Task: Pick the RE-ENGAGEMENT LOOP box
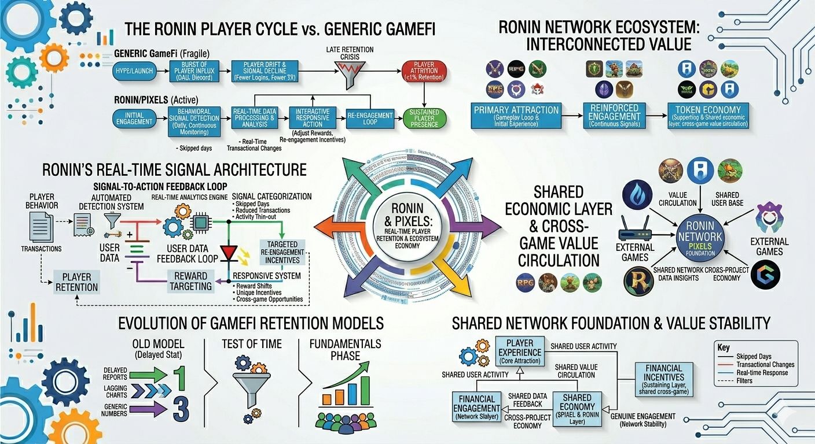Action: point(370,118)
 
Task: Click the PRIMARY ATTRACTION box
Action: point(516,116)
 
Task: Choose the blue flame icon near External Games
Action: point(637,196)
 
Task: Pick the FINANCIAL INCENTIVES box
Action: point(663,379)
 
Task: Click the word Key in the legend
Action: point(723,348)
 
